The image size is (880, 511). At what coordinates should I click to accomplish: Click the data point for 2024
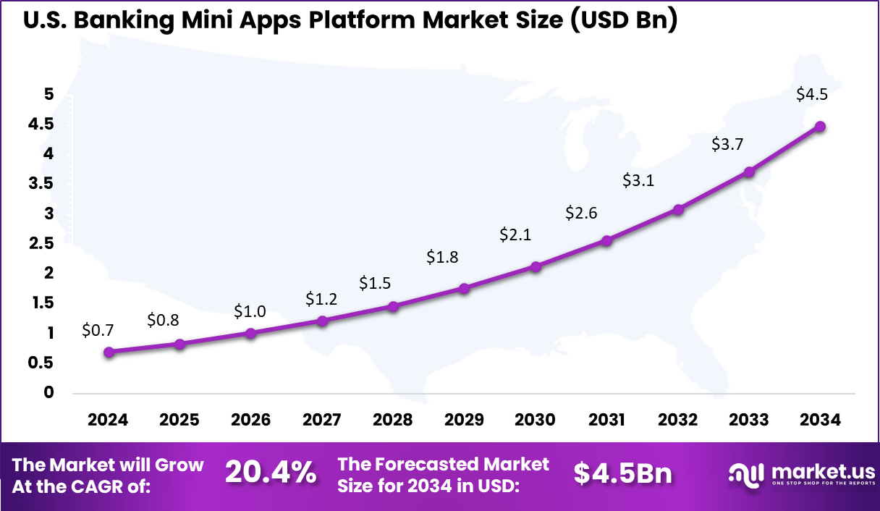pos(109,352)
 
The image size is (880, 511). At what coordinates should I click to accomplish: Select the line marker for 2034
pos(820,127)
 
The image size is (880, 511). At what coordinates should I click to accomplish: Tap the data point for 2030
pos(536,266)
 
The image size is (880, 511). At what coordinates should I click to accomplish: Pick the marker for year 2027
pos(323,321)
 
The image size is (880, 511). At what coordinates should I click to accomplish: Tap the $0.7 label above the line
pos(98,330)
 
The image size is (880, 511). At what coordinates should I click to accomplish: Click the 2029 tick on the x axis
pos(464,421)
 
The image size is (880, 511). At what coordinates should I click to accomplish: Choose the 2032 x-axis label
pos(678,421)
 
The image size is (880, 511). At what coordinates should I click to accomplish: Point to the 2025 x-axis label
pos(179,421)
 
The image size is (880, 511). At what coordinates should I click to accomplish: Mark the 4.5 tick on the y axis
pos(41,124)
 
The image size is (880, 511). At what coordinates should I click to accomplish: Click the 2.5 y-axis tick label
pos(41,243)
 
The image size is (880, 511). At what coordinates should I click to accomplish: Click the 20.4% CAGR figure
pos(270,473)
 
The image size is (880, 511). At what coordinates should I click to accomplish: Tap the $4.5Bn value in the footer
pos(623,473)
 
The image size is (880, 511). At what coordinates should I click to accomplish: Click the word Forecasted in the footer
pos(430,464)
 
